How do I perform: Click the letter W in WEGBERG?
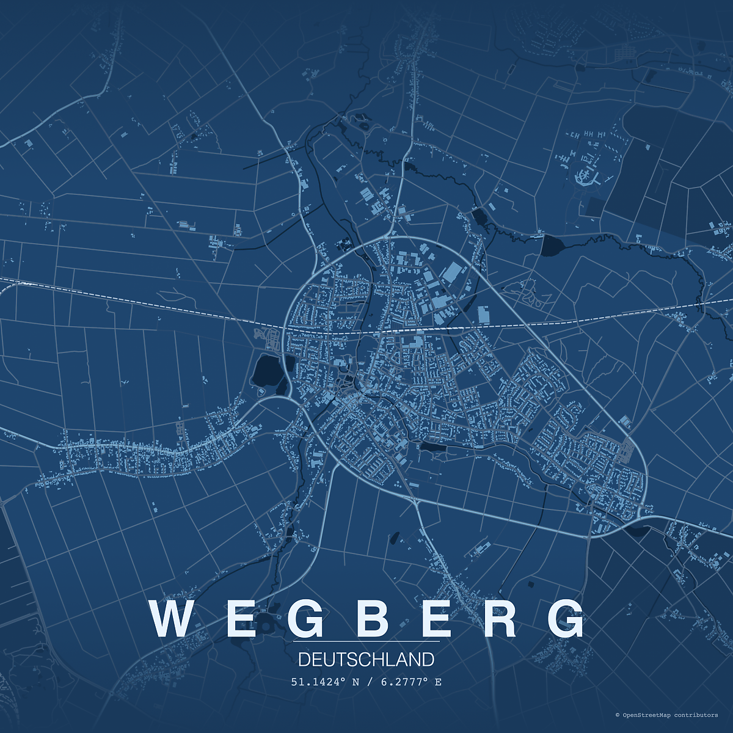pos(172,619)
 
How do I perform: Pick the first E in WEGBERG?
pos(239,619)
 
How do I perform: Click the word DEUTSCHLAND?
pos(366,660)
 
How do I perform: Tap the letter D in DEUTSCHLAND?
pos(304,660)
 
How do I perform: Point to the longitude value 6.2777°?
pos(404,682)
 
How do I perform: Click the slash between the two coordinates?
pos(369,682)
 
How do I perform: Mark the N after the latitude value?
pos(356,682)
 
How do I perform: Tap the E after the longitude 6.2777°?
pos(438,682)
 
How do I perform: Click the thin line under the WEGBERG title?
pos(366,641)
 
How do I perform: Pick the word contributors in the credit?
pos(696,715)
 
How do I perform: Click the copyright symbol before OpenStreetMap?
pos(618,715)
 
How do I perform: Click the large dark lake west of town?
pos(266,370)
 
